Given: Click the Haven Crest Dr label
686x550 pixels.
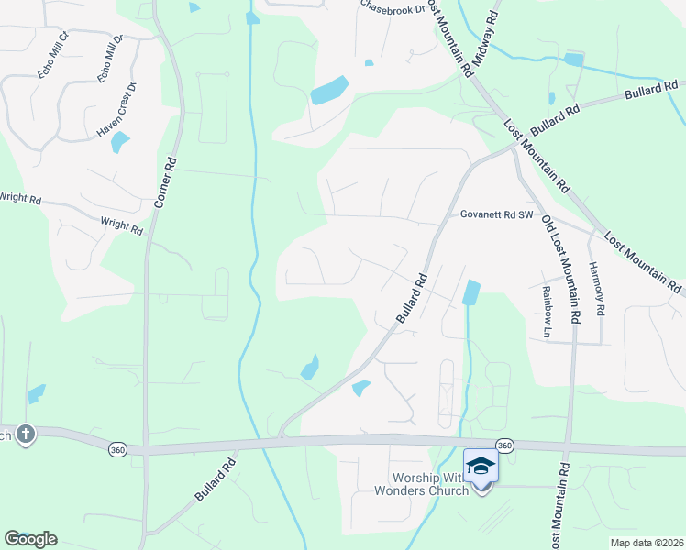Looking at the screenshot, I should (116, 111).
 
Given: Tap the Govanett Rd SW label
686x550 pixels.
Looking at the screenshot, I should (496, 214).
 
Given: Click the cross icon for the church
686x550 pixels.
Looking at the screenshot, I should (26, 433).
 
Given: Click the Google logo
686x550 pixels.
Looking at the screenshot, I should (30, 539).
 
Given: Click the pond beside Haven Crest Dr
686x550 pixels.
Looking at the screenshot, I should (120, 142).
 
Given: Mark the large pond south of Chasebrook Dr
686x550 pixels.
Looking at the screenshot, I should (329, 91).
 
